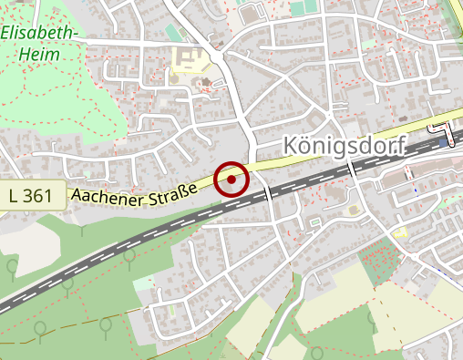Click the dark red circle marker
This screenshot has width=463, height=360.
pyautogui.click(x=232, y=179)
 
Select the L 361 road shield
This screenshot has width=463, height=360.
pyautogui.click(x=33, y=195)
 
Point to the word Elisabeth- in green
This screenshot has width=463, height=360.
pyautogui.click(x=40, y=35)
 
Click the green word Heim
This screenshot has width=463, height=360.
pyautogui.click(x=40, y=55)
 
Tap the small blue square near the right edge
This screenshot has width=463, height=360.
pyautogui.click(x=444, y=142)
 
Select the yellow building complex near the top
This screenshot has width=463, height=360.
pyautogui.click(x=190, y=61)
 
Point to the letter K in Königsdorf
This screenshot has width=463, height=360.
pyautogui.click(x=291, y=146)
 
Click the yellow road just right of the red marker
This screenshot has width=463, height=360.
pyautogui.click(x=273, y=163)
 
